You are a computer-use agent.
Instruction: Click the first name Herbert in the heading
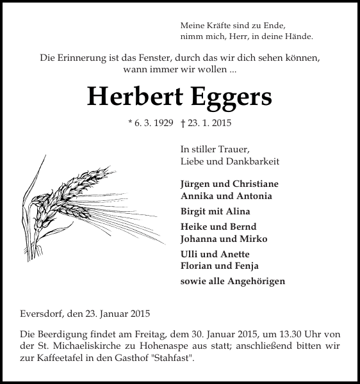(134, 96)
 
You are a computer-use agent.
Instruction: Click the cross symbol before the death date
(183, 125)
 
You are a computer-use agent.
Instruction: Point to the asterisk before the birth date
(130, 125)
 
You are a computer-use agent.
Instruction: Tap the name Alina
(238, 211)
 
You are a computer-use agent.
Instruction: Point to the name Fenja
(246, 266)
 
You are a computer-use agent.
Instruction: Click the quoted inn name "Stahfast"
(172, 358)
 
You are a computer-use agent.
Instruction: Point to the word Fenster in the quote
(167, 57)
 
